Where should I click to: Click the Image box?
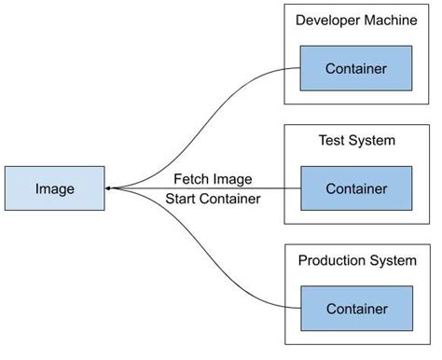(54, 188)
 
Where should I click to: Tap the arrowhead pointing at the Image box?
(109, 188)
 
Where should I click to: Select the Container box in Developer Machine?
(355, 68)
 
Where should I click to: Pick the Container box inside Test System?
(355, 188)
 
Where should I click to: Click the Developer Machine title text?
(355, 20)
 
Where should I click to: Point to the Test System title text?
(355, 140)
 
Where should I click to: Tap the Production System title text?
(355, 260)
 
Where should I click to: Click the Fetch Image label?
(213, 179)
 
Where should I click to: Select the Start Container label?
(213, 198)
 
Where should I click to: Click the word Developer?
(327, 20)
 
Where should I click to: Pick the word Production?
(331, 260)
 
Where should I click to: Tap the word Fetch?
(191, 179)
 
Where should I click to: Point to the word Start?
(181, 198)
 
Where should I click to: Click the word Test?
(331, 140)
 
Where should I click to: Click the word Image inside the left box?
(54, 188)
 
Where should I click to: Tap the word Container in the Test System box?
(355, 188)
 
